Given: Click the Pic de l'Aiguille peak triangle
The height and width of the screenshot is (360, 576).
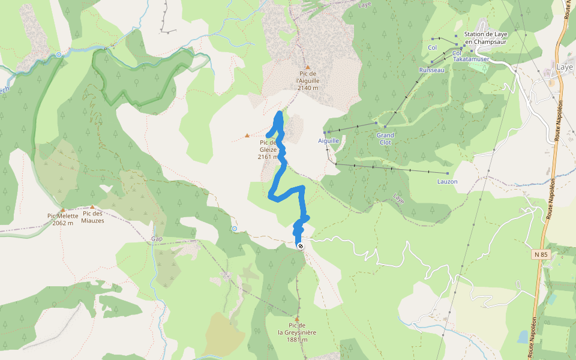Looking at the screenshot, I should [308, 68].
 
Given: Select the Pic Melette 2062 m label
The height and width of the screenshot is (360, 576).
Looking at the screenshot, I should [62, 219].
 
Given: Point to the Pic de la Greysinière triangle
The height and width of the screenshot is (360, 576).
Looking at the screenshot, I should [297, 319].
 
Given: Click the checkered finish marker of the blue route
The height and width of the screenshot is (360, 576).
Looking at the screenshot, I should [300, 246].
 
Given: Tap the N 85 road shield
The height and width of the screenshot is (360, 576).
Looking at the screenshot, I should [540, 254].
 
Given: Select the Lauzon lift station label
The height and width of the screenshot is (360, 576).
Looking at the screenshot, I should [447, 181].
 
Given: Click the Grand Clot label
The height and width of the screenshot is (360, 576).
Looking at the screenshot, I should [385, 139].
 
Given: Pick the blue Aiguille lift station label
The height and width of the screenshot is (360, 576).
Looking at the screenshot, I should [328, 140].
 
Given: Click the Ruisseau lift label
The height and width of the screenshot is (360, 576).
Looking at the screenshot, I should [431, 70].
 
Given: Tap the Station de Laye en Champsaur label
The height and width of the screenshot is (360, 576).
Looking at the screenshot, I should [486, 38].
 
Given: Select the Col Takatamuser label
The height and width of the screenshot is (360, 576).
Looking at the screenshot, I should [471, 56].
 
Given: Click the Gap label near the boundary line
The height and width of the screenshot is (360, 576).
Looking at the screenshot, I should [157, 239].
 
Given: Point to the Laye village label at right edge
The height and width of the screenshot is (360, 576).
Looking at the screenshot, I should [565, 67].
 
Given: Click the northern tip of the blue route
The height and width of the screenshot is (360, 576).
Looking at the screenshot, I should [279, 113].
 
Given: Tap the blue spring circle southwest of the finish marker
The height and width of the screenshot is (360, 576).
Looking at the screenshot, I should [234, 229].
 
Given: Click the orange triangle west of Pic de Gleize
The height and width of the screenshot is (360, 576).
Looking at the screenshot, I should [247, 136].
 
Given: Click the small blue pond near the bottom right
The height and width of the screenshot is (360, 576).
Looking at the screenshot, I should [523, 336].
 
